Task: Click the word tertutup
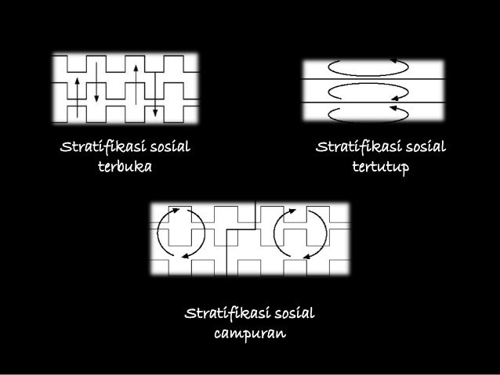[x=380, y=168]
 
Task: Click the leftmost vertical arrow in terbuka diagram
[x=77, y=88]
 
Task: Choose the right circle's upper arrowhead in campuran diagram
[x=292, y=210]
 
